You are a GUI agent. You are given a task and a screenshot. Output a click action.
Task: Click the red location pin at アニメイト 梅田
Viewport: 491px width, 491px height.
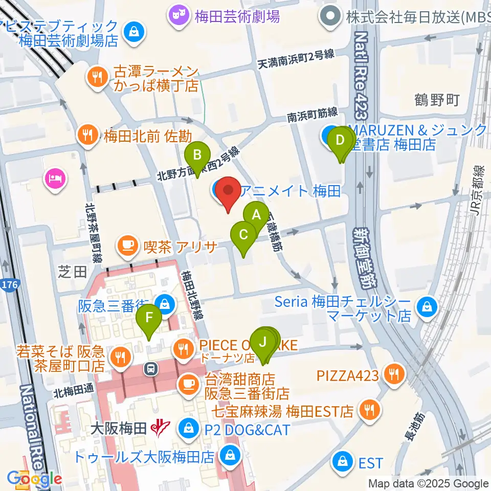(227, 193)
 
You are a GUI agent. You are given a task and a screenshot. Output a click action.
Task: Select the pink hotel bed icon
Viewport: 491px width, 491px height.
(54, 178)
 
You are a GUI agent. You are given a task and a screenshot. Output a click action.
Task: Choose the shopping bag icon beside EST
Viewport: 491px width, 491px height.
(341, 463)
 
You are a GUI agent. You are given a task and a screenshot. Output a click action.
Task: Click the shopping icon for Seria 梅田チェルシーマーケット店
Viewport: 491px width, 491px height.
(426, 308)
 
